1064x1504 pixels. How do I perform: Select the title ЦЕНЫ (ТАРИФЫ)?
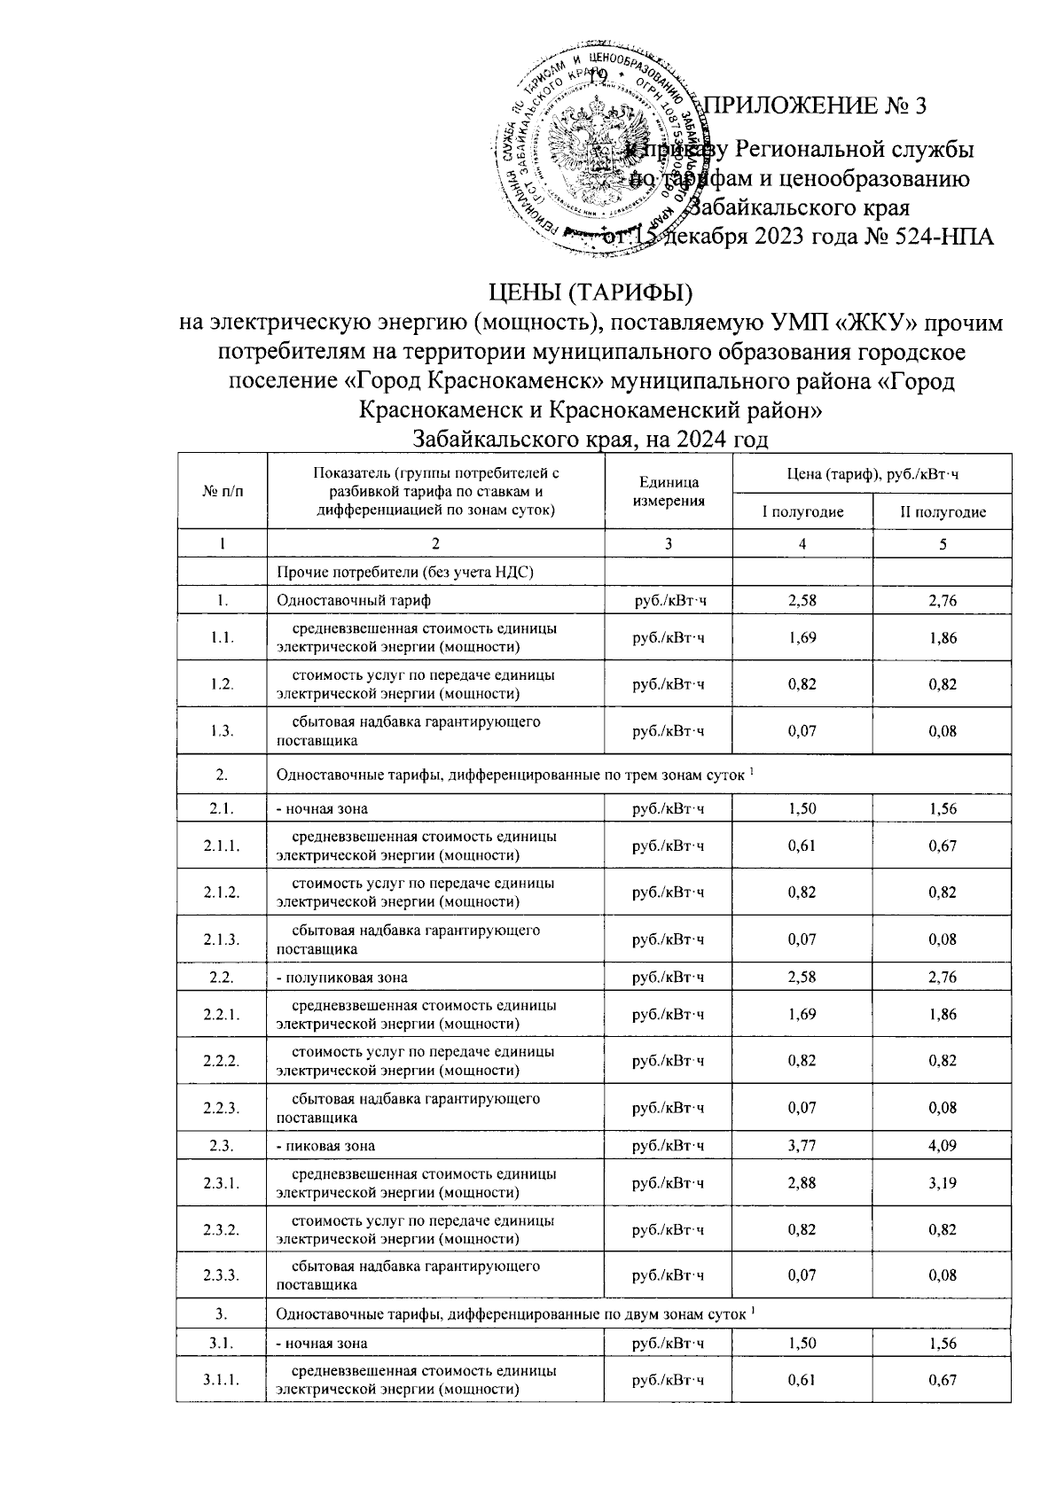(591, 292)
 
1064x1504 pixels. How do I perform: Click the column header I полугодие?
(802, 512)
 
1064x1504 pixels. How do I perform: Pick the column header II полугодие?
(943, 512)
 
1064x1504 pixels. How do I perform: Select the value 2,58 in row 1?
(802, 601)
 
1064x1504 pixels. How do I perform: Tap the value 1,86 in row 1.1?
(943, 638)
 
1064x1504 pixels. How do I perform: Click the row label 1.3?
(222, 731)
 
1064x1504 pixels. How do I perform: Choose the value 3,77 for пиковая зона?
(802, 1146)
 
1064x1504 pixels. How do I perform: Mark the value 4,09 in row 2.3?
(943, 1146)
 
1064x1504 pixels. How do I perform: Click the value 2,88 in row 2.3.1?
(802, 1183)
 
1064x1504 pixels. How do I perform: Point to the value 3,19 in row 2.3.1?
(943, 1183)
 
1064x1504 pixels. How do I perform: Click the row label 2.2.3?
(222, 1108)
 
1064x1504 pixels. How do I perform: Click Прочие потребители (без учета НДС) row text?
(405, 572)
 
